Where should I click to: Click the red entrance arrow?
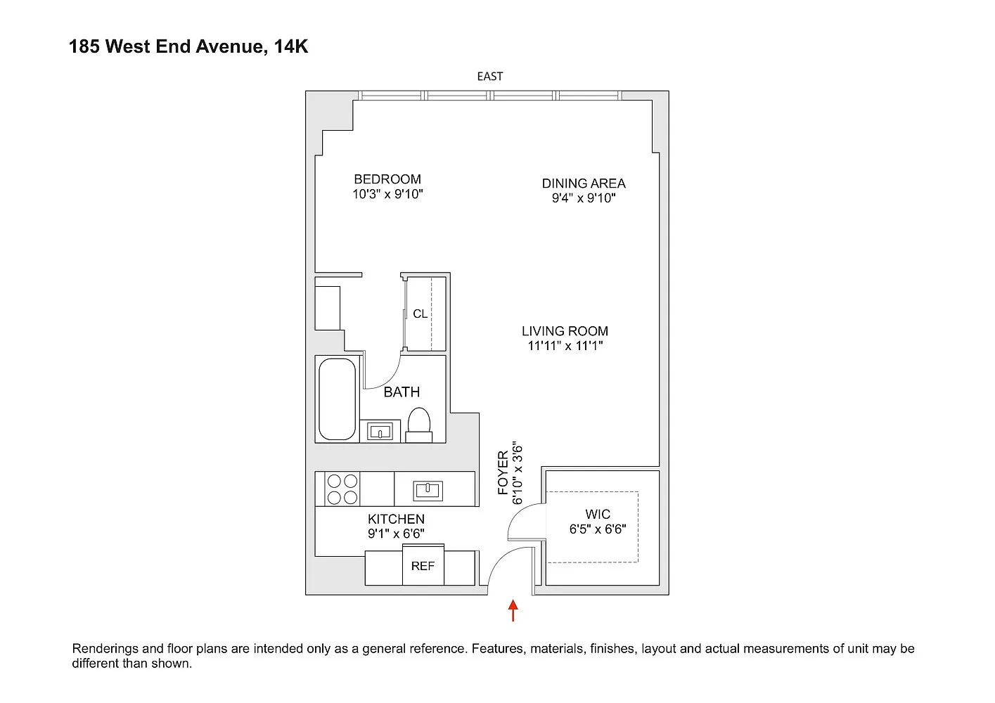513,610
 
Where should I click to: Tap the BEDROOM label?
387,179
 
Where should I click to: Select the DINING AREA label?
584,183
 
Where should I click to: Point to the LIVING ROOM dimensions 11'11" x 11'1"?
565,345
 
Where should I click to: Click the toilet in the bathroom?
419,425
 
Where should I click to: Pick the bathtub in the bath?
337,399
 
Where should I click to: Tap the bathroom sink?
380,431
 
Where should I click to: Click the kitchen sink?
428,490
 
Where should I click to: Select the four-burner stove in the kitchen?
342,489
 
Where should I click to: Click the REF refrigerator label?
423,566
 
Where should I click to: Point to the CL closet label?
421,314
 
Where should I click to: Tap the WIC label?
598,515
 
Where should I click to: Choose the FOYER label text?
503,472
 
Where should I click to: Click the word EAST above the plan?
490,77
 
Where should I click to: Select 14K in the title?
291,46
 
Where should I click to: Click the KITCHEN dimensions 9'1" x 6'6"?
396,534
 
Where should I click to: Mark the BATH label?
402,392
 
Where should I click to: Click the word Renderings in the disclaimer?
105,649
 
